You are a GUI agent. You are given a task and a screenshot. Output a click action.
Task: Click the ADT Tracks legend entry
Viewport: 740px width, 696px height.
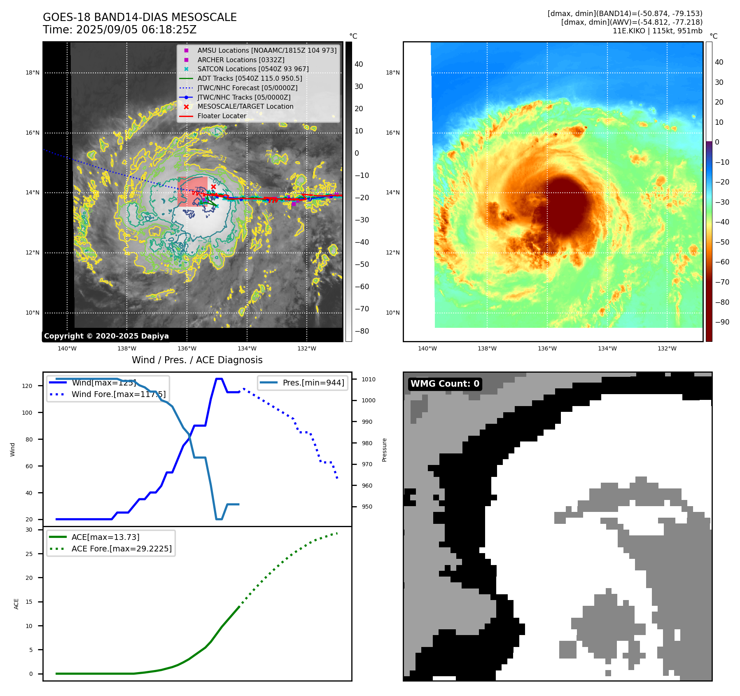pos(250,78)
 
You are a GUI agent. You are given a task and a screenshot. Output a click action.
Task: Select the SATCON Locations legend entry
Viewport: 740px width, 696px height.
pos(253,69)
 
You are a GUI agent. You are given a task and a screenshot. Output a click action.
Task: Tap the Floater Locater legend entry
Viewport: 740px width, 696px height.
pos(222,116)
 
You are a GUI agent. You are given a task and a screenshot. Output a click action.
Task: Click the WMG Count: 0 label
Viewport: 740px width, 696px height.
pos(445,384)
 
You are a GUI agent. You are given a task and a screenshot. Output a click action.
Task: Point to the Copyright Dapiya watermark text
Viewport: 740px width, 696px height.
pos(106,336)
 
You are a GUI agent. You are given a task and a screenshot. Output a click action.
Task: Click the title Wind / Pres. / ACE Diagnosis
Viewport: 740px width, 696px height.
pos(197,360)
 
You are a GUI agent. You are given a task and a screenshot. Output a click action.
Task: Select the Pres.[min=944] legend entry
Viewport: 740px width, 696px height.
pos(313,383)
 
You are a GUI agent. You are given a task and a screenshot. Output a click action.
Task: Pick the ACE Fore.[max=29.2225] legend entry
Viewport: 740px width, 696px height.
pos(121,549)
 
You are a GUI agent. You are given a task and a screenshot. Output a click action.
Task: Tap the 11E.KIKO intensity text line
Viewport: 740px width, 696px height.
pos(657,31)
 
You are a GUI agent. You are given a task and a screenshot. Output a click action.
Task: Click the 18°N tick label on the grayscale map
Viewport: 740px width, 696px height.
pos(33,73)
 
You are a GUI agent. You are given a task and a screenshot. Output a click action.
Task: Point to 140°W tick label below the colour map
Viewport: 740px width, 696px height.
pos(427,348)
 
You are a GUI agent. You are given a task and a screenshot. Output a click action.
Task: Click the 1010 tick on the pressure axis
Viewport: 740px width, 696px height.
pos(369,379)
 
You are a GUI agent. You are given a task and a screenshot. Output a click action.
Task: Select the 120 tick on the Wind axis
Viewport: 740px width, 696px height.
pos(27,386)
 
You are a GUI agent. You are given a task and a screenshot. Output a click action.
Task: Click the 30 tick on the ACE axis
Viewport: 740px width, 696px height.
pos(29,530)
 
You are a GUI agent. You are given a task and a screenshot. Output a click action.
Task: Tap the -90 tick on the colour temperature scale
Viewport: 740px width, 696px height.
pos(722,322)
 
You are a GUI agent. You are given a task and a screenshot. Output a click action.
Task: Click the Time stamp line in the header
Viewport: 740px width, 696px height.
pos(119,30)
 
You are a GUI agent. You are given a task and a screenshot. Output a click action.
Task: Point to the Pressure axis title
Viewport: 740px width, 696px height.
pos(384,450)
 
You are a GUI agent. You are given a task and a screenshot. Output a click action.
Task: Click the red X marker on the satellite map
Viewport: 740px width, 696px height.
pos(213,187)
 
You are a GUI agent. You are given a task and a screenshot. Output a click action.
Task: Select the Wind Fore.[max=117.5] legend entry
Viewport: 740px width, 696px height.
pos(119,394)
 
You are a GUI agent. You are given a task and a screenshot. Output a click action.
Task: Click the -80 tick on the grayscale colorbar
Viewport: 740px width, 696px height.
pos(362,331)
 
